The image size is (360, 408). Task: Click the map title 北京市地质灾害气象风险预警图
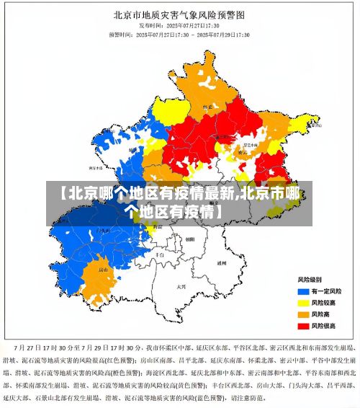click(x=180, y=14)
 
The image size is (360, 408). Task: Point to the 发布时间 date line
click(x=179, y=25)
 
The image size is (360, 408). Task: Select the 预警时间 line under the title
click(x=179, y=34)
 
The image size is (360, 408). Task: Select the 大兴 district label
click(x=181, y=286)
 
